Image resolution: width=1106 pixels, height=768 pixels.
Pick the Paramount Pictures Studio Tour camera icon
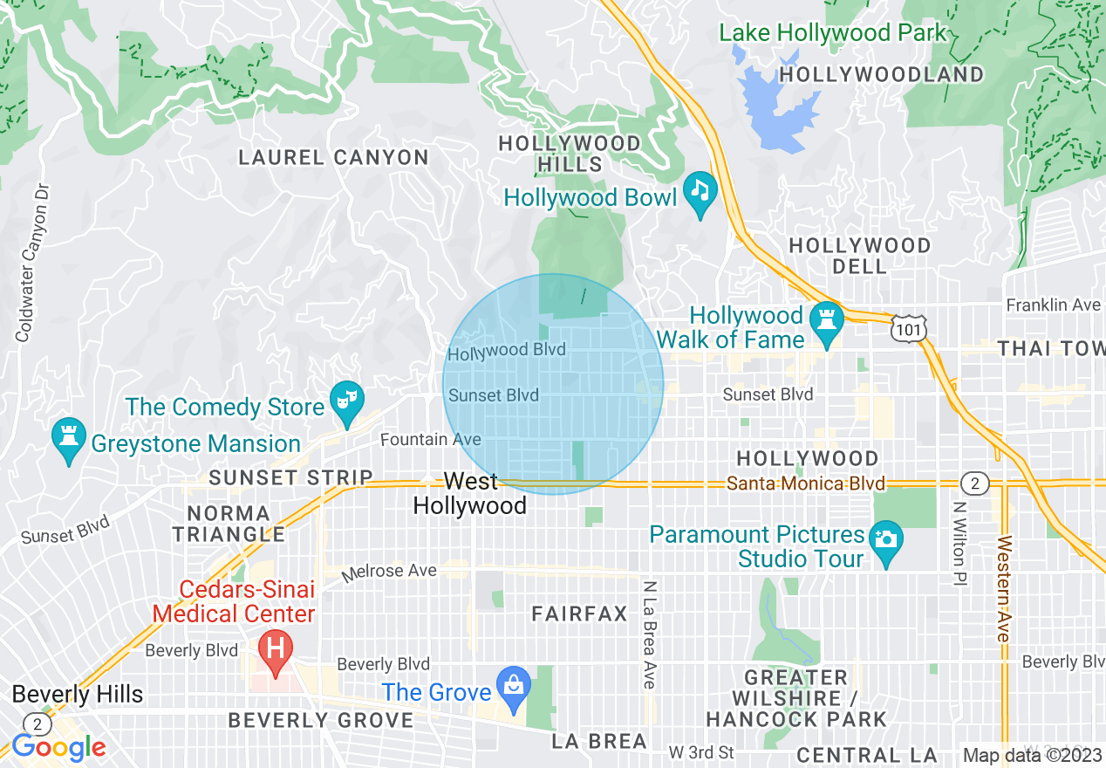[x=886, y=538]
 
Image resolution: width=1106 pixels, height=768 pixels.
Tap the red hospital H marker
[x=276, y=649]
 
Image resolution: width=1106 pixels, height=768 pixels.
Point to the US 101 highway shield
[x=908, y=329]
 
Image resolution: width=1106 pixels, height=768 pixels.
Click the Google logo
[x=58, y=747]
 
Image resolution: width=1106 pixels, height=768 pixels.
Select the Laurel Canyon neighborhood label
[x=334, y=158]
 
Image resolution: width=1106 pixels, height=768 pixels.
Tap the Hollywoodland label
[x=881, y=75]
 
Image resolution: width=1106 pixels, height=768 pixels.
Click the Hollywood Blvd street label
[x=507, y=351]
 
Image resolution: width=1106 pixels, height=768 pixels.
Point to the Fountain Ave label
[x=431, y=440]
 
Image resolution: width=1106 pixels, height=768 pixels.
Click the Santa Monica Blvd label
[x=807, y=483]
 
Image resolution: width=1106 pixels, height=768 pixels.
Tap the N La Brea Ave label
[x=649, y=634]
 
